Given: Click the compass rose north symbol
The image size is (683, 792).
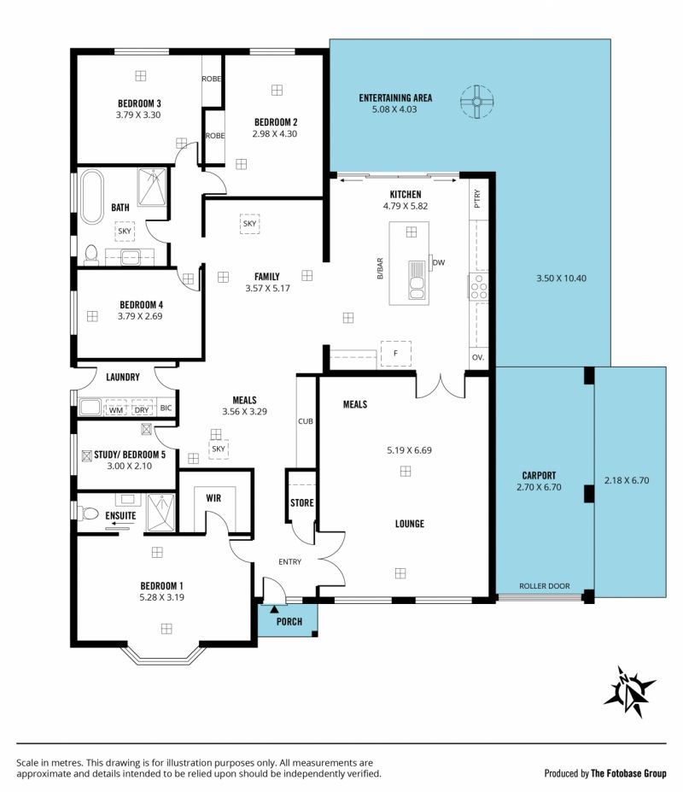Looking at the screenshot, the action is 629,691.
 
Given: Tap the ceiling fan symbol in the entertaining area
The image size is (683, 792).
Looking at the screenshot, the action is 476,102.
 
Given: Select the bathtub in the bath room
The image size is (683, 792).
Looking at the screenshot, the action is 92,197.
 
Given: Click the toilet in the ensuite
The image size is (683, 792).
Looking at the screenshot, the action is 88,513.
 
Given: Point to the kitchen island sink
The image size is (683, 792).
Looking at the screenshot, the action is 417,280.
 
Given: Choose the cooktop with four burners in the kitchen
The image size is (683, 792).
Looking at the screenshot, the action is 479,286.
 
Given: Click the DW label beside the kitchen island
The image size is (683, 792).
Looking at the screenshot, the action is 439,262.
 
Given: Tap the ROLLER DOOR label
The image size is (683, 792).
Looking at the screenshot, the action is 544,586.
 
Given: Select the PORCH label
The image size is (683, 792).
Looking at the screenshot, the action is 289,622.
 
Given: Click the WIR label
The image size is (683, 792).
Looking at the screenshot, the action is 213,498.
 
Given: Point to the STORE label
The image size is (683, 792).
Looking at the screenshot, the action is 302,503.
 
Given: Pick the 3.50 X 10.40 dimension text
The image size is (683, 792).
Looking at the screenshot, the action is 562,279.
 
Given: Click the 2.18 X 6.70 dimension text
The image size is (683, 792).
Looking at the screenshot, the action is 627,480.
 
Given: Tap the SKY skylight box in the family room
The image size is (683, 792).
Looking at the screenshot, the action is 249,223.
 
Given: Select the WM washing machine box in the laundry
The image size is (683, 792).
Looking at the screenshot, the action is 115,408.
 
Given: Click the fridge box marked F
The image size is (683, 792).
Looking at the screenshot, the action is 396,353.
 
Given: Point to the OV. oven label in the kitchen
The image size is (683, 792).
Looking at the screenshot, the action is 478,357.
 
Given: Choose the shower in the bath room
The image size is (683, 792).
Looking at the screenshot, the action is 152,187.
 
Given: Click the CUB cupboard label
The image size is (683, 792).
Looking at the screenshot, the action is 306,421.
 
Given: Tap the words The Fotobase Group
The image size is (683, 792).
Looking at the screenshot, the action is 628,773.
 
